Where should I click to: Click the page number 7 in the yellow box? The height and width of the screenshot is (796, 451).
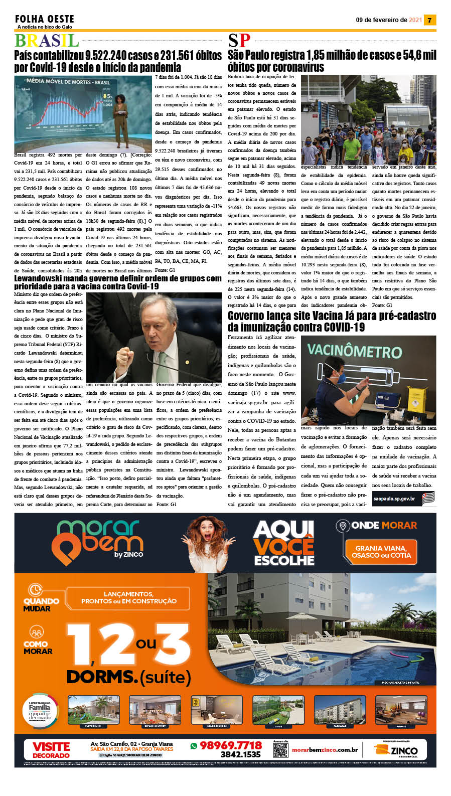pyautogui.click(x=430, y=20)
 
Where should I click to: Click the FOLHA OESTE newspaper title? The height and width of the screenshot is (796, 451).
pyautogui.click(x=45, y=19)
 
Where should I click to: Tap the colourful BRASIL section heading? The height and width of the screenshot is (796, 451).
pyautogui.click(x=47, y=41)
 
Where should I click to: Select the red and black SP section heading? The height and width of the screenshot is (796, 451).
pyautogui.click(x=239, y=41)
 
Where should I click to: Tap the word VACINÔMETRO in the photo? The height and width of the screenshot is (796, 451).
pyautogui.click(x=354, y=351)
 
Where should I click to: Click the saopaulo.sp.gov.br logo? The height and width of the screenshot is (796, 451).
pyautogui.click(x=400, y=499)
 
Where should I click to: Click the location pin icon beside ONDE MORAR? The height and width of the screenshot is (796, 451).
pyautogui.click(x=343, y=526)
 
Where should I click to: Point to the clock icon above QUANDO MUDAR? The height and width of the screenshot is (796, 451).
pyautogui.click(x=35, y=589)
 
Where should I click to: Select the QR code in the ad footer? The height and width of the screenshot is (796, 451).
pyautogui.click(x=280, y=750)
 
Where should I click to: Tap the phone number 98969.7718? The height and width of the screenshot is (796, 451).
pyautogui.click(x=230, y=745)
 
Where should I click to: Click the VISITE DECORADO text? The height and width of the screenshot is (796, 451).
pyautogui.click(x=51, y=750)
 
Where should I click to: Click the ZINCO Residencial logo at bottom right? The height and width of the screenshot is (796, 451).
pyautogui.click(x=397, y=750)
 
